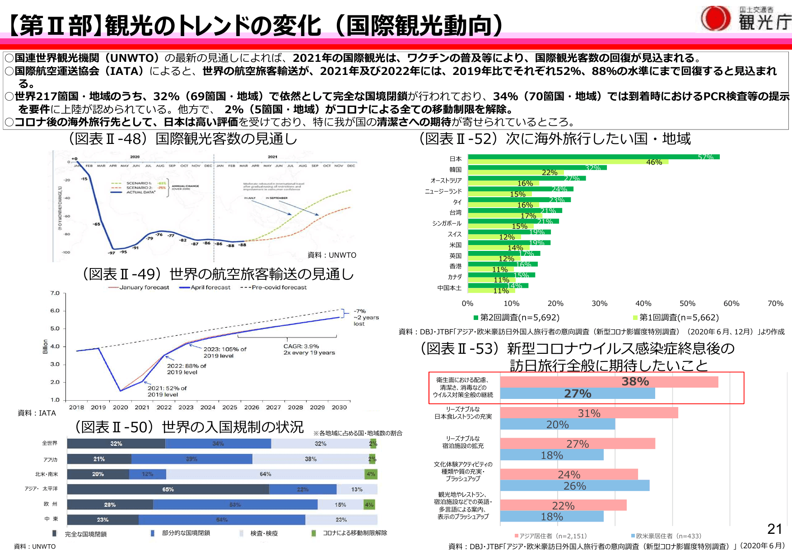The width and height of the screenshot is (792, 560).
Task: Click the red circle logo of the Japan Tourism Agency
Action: point(716,19)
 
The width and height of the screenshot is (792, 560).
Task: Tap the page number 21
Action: point(775,528)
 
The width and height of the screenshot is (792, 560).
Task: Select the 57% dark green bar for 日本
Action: point(593,157)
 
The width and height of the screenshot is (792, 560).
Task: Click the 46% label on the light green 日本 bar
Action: point(654,162)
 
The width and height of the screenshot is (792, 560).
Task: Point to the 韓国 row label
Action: point(455,170)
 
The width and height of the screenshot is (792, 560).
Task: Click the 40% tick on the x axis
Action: point(643,303)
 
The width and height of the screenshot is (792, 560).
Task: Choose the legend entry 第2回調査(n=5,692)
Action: point(517,317)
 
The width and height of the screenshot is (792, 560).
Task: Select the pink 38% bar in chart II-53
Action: point(609,382)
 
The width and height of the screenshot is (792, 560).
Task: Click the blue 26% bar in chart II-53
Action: point(574,486)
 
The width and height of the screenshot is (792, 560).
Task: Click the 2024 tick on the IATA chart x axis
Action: point(208,407)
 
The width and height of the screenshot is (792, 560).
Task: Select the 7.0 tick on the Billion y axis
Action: point(55,293)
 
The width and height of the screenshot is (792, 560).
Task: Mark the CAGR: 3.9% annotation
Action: point(309,349)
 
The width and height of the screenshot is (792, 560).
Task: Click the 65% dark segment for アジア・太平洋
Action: point(168,489)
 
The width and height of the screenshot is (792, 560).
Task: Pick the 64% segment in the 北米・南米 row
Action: point(265,474)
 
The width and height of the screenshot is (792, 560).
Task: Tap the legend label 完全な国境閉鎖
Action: point(85,534)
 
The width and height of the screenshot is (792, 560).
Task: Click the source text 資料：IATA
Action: point(37,413)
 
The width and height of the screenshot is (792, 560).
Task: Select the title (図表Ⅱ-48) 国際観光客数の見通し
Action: point(183,139)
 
